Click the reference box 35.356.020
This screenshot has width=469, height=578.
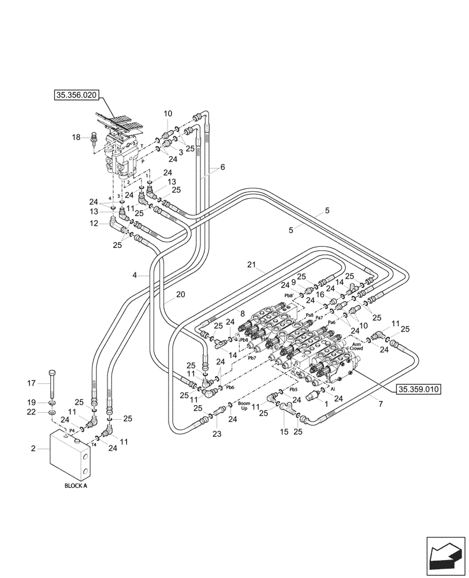tap(77, 97)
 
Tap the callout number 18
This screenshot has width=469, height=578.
tap(76, 137)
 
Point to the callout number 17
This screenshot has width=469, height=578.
tap(32, 383)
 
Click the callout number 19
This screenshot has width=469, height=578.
tap(32, 402)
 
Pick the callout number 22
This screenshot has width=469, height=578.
tap(32, 412)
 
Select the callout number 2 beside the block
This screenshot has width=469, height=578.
tap(34, 448)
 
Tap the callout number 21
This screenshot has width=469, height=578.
tap(251, 265)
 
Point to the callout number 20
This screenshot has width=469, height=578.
tap(180, 294)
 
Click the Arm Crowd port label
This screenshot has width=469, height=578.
tap(356, 347)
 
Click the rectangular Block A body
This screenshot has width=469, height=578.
tap(69, 457)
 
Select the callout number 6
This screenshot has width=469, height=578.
tap(222, 167)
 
